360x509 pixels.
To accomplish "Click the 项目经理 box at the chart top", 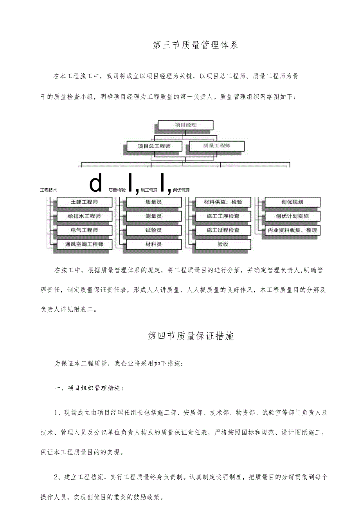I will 185,125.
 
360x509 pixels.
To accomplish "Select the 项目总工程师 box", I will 154,146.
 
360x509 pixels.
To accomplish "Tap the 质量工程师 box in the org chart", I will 217,146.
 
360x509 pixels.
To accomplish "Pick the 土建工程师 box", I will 84,202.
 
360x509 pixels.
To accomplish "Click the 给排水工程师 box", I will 84,216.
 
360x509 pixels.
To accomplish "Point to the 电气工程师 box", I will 84,230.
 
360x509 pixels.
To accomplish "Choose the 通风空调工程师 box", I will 84,245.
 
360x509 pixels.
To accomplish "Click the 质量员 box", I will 154,202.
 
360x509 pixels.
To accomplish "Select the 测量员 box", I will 154,216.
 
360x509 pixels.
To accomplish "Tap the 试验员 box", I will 154,230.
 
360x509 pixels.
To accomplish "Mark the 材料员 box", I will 154,245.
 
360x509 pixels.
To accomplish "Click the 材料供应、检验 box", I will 223,202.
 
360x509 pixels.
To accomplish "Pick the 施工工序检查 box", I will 223,216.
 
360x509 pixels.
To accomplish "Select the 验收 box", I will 223,245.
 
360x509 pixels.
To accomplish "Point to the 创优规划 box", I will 292,202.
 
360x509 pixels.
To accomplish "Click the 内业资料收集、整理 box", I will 292,230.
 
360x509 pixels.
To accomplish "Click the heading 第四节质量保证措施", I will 191,336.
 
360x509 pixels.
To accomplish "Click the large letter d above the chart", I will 96,183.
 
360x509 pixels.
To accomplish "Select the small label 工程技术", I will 49,190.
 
